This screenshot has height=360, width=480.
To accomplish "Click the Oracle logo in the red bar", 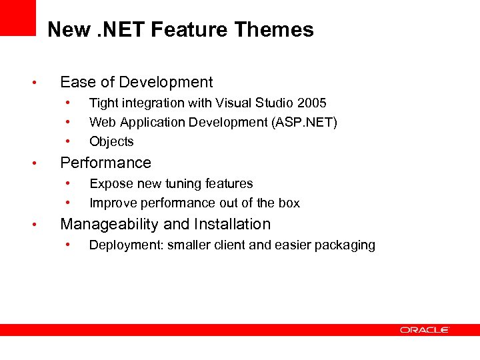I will (425, 329).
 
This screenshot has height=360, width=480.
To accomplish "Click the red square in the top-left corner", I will (17, 17).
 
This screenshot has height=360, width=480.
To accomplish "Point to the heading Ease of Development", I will (136, 82).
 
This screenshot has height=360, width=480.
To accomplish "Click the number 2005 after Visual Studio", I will (312, 103).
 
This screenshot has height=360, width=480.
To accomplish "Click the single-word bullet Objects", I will (111, 141).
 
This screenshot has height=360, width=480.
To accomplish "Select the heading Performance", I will (105, 163).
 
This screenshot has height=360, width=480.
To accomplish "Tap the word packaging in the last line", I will (347, 245).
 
